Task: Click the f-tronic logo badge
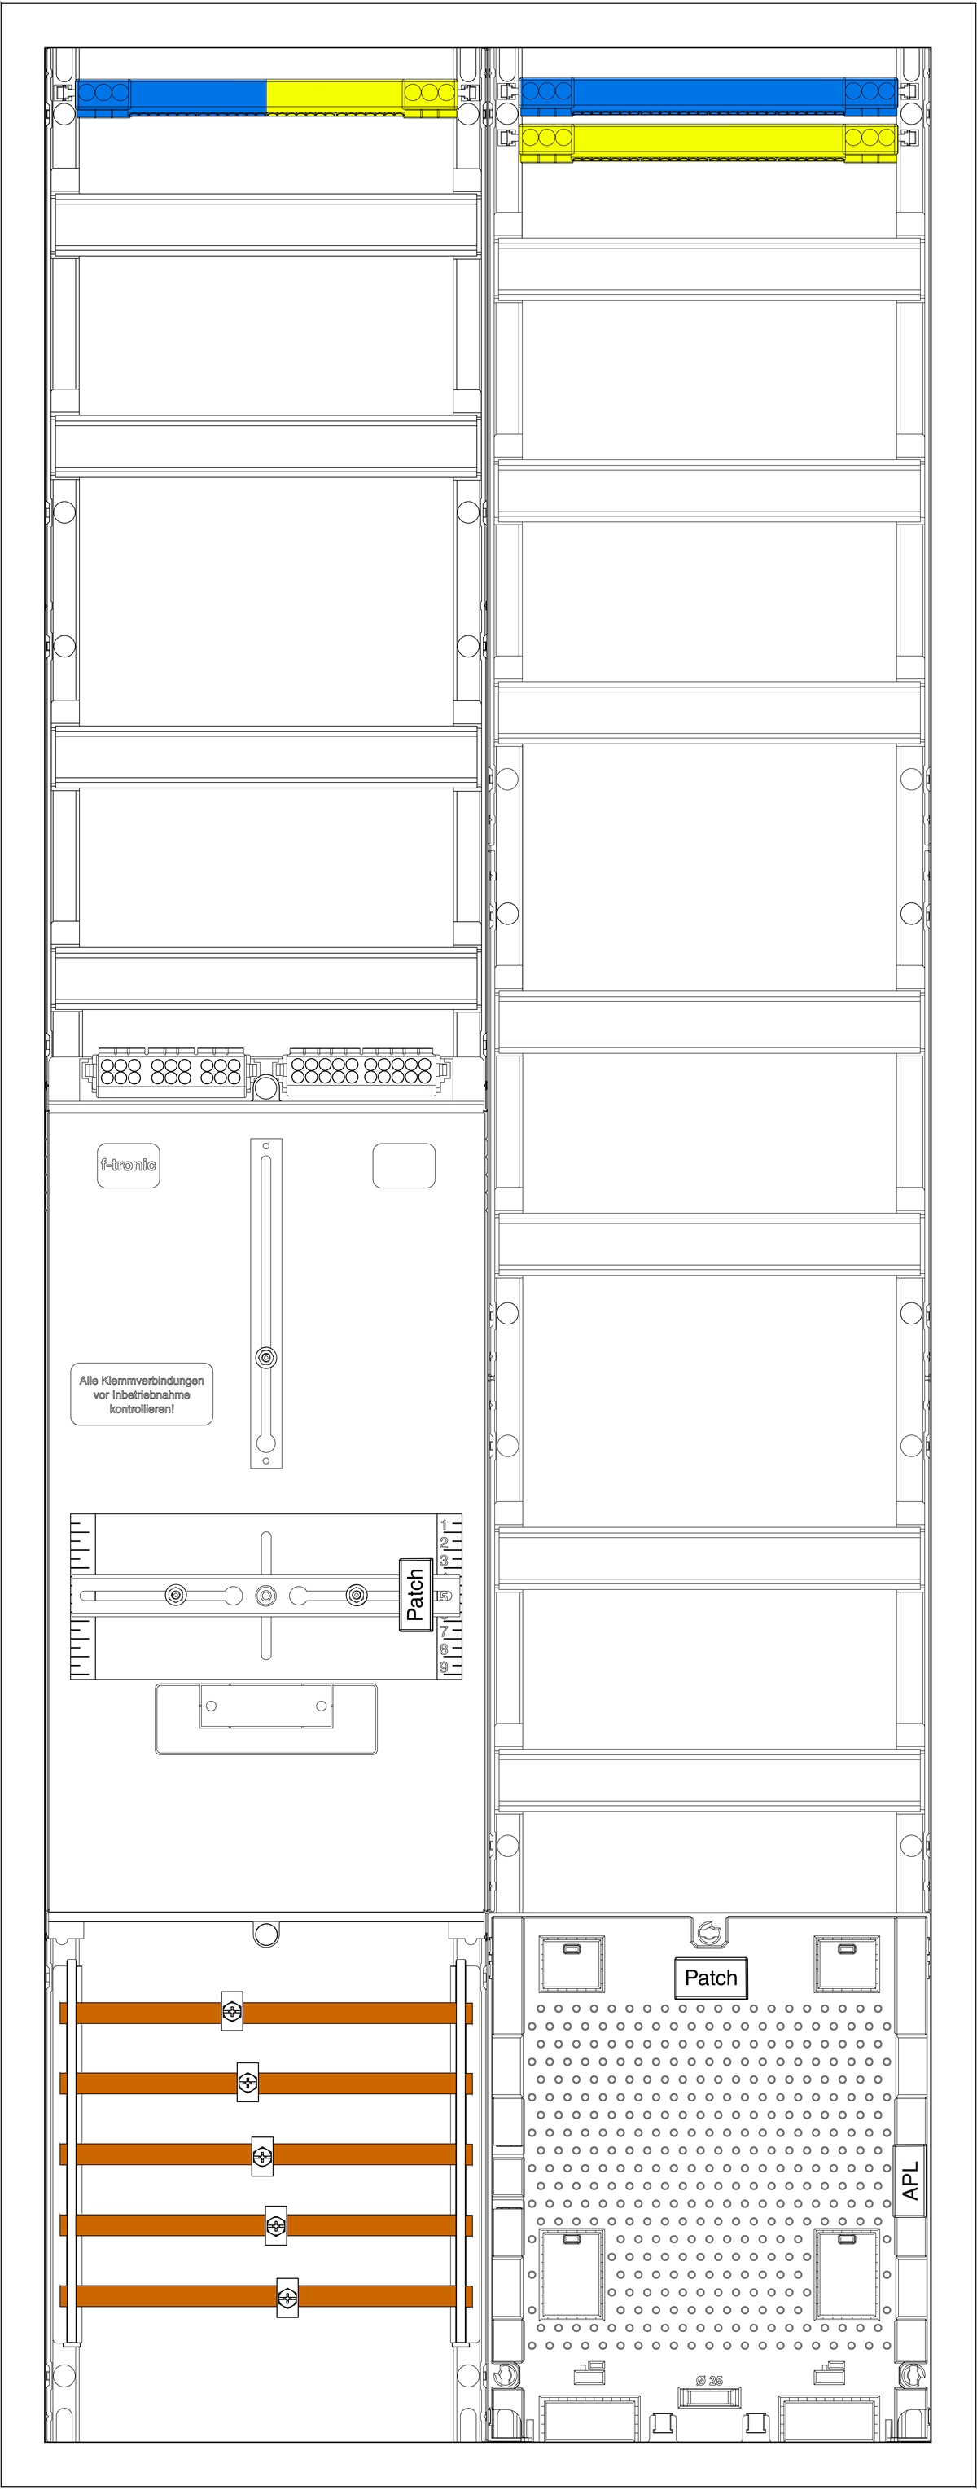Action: point(128,1165)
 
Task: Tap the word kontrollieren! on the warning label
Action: point(141,1409)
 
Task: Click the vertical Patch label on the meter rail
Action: point(415,1594)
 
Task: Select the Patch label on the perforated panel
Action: point(710,1978)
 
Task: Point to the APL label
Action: point(909,2180)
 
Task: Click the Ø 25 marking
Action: point(709,2381)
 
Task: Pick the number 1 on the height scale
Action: point(444,1526)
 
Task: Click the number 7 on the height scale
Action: point(444,1631)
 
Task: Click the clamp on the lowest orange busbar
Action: point(287,2298)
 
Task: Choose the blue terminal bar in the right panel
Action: point(708,94)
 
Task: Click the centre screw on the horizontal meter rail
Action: point(265,1595)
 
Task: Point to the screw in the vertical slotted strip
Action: point(265,1358)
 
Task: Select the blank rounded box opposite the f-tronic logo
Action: point(404,1165)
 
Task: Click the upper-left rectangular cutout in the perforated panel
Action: point(571,1963)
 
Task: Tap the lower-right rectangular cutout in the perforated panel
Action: point(847,2273)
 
